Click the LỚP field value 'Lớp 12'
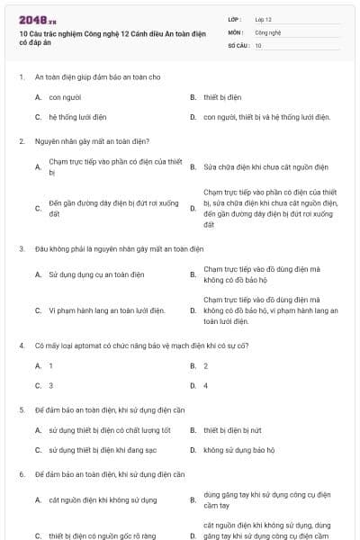click(x=264, y=19)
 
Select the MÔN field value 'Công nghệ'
click(x=268, y=31)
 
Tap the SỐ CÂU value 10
click(x=258, y=45)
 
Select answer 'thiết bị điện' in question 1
click(x=222, y=96)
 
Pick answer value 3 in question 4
click(x=51, y=385)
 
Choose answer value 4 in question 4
click(x=206, y=385)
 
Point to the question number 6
click(x=21, y=473)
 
